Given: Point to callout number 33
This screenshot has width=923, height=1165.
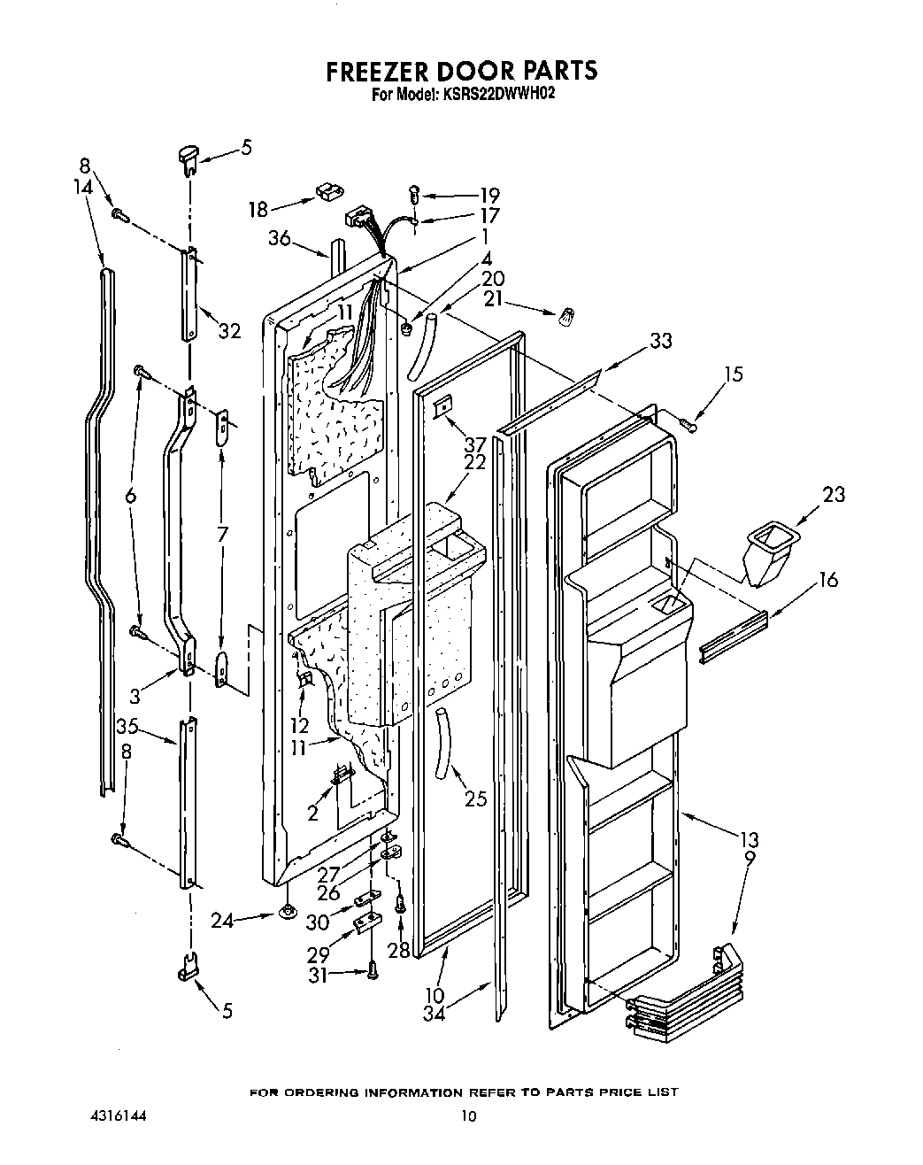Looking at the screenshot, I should click(x=660, y=340).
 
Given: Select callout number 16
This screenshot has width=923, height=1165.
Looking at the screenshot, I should click(x=828, y=581).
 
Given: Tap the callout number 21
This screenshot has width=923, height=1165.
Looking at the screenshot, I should click(x=492, y=300).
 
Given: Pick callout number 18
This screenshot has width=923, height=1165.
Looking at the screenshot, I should click(x=258, y=209).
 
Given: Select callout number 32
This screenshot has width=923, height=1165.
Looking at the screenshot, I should click(x=229, y=333).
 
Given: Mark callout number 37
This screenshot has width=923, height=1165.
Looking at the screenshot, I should click(x=475, y=444).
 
